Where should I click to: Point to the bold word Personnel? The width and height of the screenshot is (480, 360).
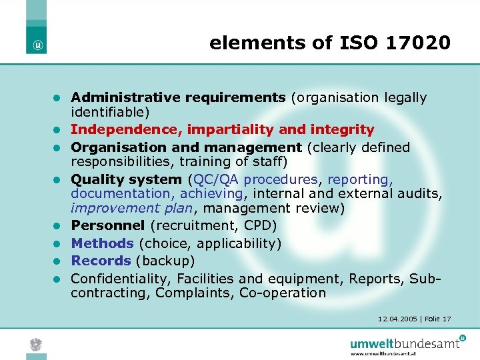pos(108,225)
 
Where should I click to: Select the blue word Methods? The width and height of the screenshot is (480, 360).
pos(102,243)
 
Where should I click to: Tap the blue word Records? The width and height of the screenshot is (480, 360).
pos(101,261)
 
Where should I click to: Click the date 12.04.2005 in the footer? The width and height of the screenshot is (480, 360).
pos(397,319)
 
